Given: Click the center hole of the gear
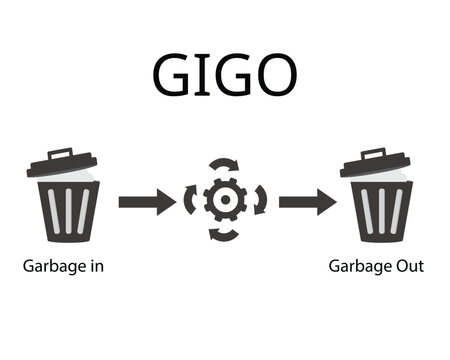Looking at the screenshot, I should point(226,202).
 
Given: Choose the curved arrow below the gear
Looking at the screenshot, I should point(224,238).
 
